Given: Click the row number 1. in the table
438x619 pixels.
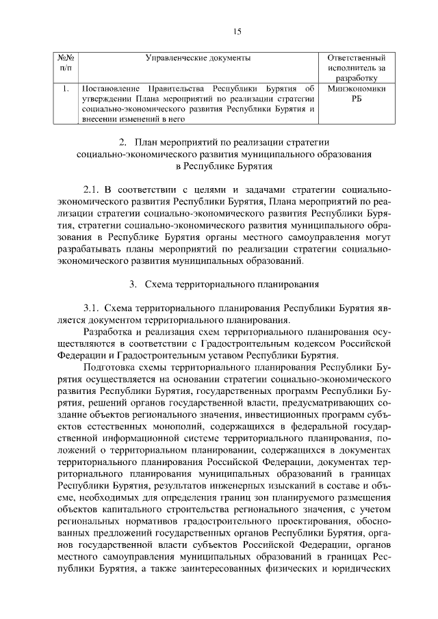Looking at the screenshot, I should (x=64, y=89).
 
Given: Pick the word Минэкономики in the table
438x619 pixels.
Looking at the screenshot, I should (x=357, y=89).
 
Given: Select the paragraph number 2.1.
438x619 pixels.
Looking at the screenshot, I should (x=92, y=188).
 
